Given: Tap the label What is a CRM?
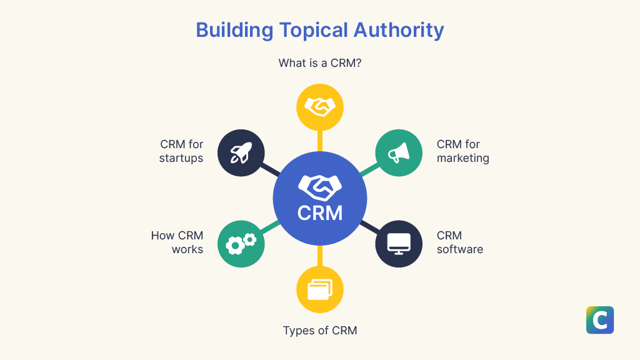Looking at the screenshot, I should pyautogui.click(x=320, y=63).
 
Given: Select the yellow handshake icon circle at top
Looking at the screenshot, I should pyautogui.click(x=320, y=107).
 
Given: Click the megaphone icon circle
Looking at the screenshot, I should pyautogui.click(x=399, y=152).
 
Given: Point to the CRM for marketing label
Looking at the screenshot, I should pyautogui.click(x=462, y=151).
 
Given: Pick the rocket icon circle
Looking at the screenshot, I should pyautogui.click(x=241, y=152).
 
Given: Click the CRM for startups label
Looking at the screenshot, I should pyautogui.click(x=181, y=151).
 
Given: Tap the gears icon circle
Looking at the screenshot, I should pyautogui.click(x=241, y=244).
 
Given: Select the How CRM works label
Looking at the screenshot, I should pyautogui.click(x=177, y=242).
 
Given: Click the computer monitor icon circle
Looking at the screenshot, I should pyautogui.click(x=399, y=244).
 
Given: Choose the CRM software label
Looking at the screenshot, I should pyautogui.click(x=459, y=242).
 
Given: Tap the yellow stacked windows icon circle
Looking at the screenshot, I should pyautogui.click(x=320, y=289).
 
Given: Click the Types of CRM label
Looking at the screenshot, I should pyautogui.click(x=320, y=331).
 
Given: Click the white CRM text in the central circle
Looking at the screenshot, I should pyautogui.click(x=320, y=212).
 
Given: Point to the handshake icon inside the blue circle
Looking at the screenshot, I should pyautogui.click(x=320, y=186).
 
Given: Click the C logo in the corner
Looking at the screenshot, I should pyautogui.click(x=600, y=320).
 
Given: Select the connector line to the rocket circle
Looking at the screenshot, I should pyautogui.click(x=271, y=169).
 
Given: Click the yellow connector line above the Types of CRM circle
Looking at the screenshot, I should pyautogui.click(x=320, y=255).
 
